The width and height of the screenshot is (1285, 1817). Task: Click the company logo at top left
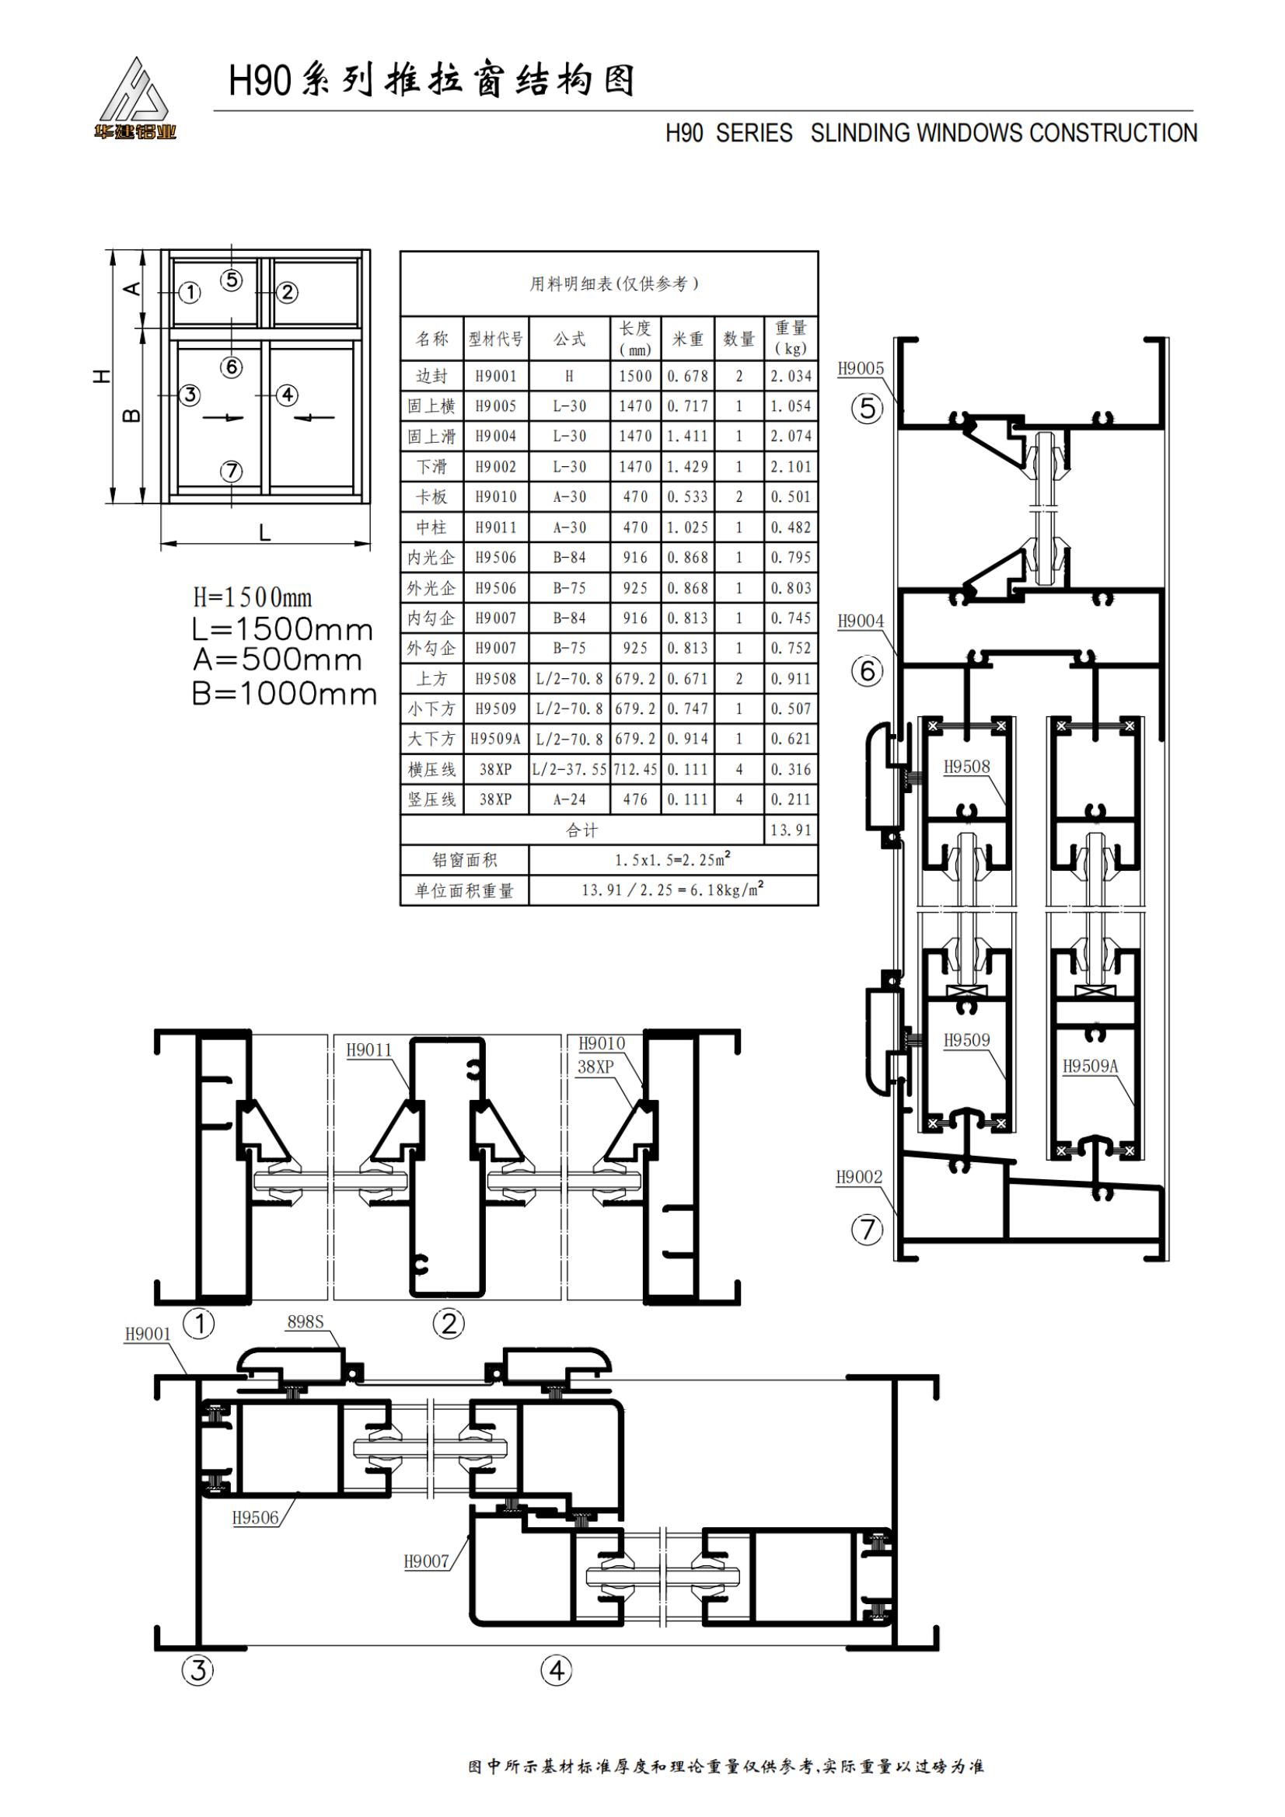[x=135, y=99]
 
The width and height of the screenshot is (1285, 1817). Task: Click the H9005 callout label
[x=861, y=368]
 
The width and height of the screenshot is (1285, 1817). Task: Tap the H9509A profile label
[x=1090, y=1066]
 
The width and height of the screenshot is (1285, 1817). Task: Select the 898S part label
[x=306, y=1321]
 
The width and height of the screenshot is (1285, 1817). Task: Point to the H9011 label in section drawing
[x=369, y=1050]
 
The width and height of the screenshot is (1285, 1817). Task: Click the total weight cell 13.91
[x=791, y=830]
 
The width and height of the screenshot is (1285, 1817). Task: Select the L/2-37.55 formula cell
[x=570, y=769]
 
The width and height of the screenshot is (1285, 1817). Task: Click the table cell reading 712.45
[x=636, y=769]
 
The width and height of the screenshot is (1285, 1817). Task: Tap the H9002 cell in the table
[x=496, y=467]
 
